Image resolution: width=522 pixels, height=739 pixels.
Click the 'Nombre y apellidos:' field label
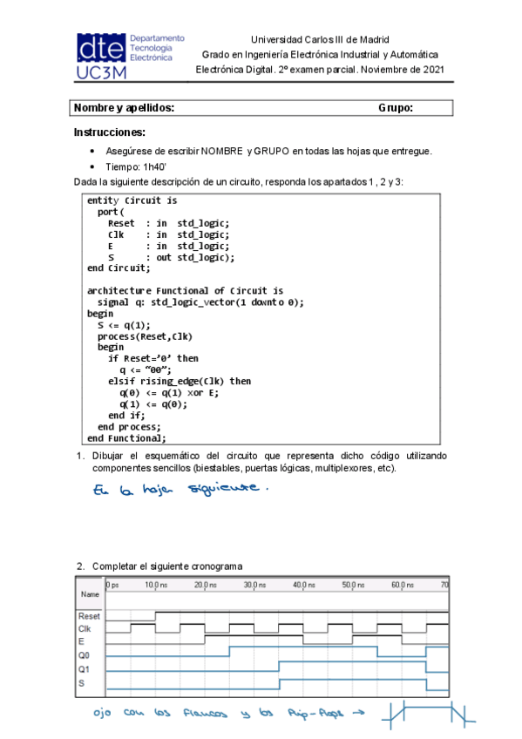pos(125,107)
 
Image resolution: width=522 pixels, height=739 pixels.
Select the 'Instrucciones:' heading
pos(109,132)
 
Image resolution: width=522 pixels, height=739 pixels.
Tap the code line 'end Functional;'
pos(126,437)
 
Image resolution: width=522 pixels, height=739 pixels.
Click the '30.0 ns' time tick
pos(254,585)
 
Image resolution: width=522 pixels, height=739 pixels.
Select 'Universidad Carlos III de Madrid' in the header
pos(319,39)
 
